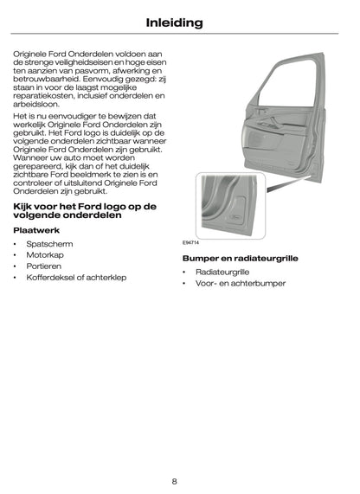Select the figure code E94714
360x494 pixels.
(x=191, y=243)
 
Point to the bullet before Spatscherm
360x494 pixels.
(x=15, y=246)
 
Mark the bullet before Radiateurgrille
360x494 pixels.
(x=184, y=273)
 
